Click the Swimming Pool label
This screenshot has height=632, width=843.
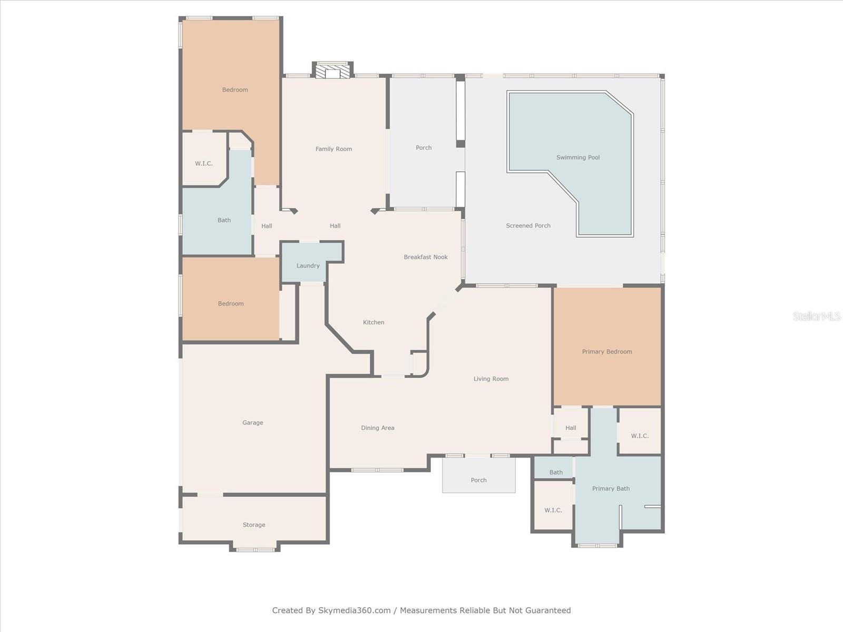pos(578,157)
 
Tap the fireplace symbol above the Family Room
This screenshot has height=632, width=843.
pos(333,71)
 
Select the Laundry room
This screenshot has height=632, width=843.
pos(308,265)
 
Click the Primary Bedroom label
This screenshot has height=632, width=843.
pos(607,352)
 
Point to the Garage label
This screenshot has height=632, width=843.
pos(252,422)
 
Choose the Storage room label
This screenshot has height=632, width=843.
pos(254,525)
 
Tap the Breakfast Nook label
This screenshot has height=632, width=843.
pos(426,257)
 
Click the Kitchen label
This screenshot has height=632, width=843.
pos(374,322)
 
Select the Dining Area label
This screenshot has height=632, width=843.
pos(377,428)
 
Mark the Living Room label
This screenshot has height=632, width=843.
pos(491,379)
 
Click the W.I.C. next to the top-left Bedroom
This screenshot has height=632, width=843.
pos(204,163)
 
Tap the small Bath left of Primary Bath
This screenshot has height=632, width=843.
pos(556,472)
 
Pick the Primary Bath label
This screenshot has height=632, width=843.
pos(611,489)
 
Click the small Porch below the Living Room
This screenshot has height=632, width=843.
pos(478,480)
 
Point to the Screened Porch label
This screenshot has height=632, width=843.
pos(528,225)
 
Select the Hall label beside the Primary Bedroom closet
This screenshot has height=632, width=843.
pos(571,428)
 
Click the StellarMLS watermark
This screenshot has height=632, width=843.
pos(817,316)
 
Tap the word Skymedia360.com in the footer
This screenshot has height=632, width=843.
pos(354,610)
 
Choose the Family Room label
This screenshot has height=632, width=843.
pos(334,149)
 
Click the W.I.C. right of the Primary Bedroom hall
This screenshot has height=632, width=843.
pos(640,436)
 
